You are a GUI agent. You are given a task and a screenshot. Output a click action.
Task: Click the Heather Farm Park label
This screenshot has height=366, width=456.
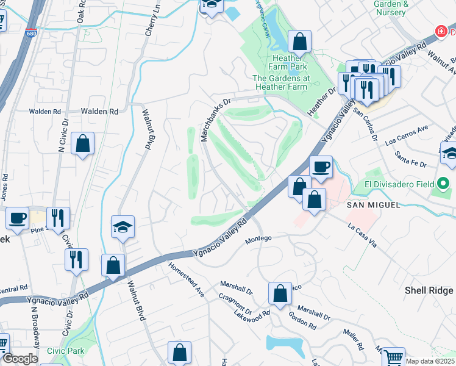[x=290, y=66]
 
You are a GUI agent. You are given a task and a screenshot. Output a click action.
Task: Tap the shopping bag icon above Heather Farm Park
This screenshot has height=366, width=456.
[x=299, y=43]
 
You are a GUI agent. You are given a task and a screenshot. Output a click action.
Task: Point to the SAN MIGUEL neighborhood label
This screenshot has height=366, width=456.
[x=373, y=205]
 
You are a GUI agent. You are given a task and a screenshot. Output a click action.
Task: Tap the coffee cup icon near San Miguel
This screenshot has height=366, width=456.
[x=320, y=167]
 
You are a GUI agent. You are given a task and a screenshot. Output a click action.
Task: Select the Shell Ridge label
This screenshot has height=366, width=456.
[x=429, y=290]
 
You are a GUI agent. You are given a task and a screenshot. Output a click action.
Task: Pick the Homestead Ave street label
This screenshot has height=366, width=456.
[x=187, y=279]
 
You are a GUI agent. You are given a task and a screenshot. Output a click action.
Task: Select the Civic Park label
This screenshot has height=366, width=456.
[x=66, y=351]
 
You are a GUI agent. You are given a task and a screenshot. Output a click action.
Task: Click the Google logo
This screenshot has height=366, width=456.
[x=21, y=359]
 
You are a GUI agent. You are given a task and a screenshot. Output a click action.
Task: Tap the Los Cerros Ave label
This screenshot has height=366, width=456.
[x=407, y=134]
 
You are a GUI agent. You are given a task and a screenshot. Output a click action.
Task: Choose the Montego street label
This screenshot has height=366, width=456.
[x=258, y=239]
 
